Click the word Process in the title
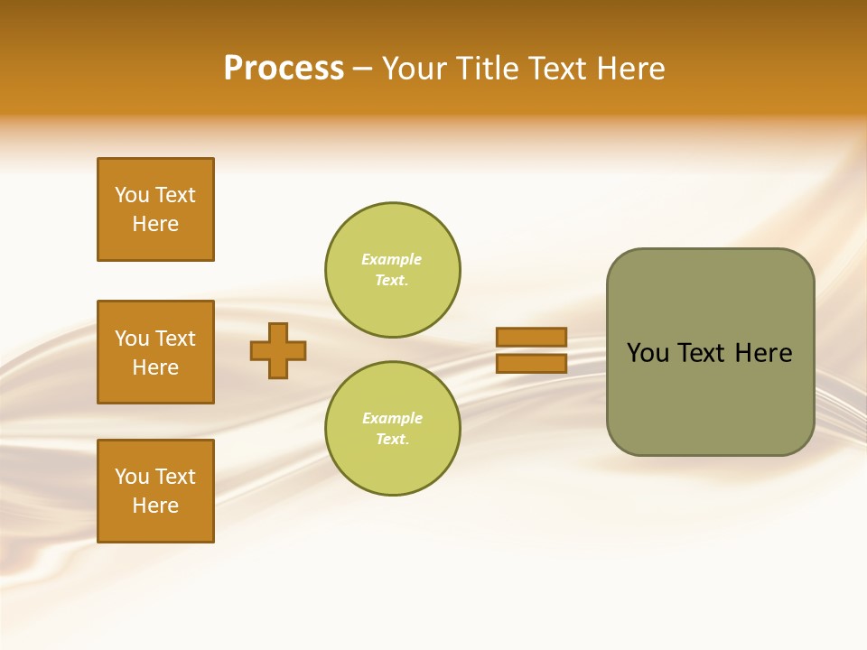pyautogui.click(x=284, y=69)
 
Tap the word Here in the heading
pyautogui.click(x=629, y=69)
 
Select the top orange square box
pyautogui.click(x=155, y=209)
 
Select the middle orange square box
pyautogui.click(x=155, y=352)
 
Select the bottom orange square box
pyautogui.click(x=155, y=491)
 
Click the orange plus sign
pyautogui.click(x=278, y=350)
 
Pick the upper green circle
pyautogui.click(x=393, y=270)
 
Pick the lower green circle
pyautogui.click(x=393, y=429)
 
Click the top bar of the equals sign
pyautogui.click(x=531, y=337)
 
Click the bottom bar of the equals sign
pyautogui.click(x=531, y=364)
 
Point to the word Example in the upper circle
pyautogui.click(x=392, y=259)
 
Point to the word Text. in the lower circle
pyautogui.click(x=392, y=440)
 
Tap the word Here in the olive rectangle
pyautogui.click(x=763, y=353)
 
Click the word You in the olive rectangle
pyautogui.click(x=648, y=353)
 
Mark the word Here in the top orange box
pyautogui.click(x=155, y=224)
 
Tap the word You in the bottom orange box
pyautogui.click(x=132, y=477)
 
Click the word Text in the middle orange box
pyautogui.click(x=175, y=339)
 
